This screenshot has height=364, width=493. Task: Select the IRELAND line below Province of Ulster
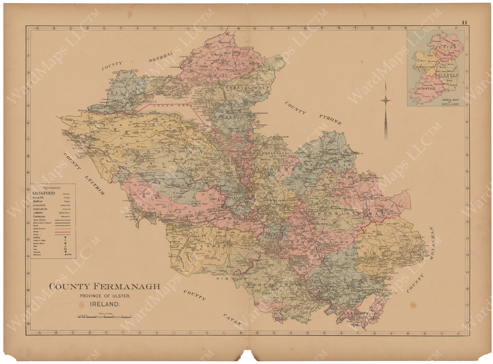tap(105, 305)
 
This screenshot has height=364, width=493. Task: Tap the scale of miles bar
tap(104, 316)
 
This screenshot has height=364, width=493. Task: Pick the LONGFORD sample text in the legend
tap(44, 193)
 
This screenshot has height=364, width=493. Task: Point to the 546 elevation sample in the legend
tap(68, 255)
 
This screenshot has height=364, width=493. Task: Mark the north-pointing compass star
tap(386, 100)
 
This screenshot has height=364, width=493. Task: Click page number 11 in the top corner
tap(464, 23)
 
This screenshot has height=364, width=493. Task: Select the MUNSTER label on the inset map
tap(424, 88)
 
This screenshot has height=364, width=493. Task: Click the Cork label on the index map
tap(427, 97)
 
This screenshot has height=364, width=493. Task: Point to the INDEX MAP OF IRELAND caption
tap(450, 102)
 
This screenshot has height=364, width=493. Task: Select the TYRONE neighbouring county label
tap(330, 120)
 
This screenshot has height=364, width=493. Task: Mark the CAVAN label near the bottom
tap(232, 320)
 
